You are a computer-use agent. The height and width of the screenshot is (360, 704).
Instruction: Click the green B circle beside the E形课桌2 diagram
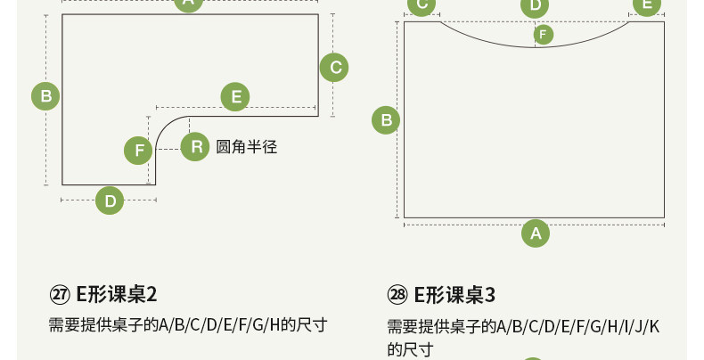click(45, 95)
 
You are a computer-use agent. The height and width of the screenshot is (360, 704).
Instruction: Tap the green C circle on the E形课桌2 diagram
click(334, 67)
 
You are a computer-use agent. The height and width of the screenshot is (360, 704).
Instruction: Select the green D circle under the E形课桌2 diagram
click(110, 200)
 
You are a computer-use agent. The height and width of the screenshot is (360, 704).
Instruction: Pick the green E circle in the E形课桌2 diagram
click(235, 96)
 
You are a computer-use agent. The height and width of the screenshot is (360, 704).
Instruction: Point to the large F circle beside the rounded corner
click(138, 151)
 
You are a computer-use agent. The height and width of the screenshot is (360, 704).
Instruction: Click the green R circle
click(195, 147)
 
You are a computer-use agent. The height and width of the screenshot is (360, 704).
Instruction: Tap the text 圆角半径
click(247, 147)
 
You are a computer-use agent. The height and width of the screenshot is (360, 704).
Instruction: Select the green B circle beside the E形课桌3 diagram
click(386, 119)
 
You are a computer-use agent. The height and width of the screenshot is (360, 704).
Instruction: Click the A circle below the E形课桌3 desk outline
click(536, 233)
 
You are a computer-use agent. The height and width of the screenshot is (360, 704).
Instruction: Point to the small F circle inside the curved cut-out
click(544, 35)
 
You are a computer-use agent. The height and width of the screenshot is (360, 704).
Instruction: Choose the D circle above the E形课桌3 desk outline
click(535, 6)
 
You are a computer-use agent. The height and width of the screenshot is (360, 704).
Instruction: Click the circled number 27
click(60, 294)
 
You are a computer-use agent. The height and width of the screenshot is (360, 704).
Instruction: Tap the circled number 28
click(397, 294)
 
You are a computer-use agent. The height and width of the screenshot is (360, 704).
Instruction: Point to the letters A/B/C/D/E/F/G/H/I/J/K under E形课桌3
click(578, 325)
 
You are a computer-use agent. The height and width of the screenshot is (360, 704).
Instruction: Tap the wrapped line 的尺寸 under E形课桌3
click(410, 349)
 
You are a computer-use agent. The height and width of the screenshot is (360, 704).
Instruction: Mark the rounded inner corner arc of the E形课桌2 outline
click(165, 126)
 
